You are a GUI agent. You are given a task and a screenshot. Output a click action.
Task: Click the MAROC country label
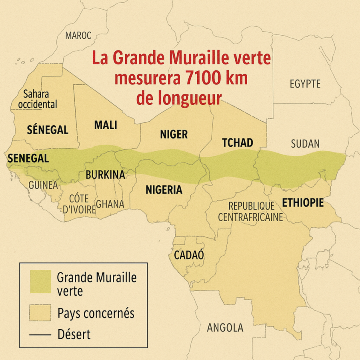pyautogui.click(x=78, y=35)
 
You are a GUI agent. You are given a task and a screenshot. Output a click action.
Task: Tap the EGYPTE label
pyautogui.click(x=305, y=84)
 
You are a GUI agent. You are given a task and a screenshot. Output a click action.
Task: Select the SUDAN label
pyautogui.click(x=305, y=144)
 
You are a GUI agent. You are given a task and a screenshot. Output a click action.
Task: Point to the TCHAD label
pyautogui.click(x=238, y=143)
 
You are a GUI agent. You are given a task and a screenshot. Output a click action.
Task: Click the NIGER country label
pyautogui.click(x=174, y=134)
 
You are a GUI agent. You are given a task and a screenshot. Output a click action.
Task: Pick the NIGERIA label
pyautogui.click(x=164, y=190)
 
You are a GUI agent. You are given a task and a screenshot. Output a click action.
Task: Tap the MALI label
pyautogui.click(x=106, y=125)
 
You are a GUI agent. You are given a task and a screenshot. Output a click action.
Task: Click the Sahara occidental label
pyautogui.click(x=40, y=99)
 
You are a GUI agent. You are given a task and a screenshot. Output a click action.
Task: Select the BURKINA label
pyautogui.click(x=105, y=175)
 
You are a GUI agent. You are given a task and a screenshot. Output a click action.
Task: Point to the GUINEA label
pyautogui.click(x=43, y=185)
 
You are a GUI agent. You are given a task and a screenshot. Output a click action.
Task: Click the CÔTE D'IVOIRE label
pyautogui.click(x=79, y=204)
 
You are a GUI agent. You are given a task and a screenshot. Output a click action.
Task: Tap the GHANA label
pyautogui.click(x=110, y=204)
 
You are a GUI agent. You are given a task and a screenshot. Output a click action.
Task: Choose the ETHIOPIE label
pyautogui.click(x=303, y=203)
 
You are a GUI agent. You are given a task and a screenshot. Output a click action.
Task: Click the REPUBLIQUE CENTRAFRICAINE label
pyautogui.click(x=250, y=212)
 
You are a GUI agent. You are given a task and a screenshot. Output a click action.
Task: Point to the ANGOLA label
pyautogui.click(x=225, y=328)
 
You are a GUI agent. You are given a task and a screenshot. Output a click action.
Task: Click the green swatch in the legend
pyautogui.click(x=40, y=282)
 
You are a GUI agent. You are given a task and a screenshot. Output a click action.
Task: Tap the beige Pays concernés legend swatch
pyautogui.click(x=40, y=312)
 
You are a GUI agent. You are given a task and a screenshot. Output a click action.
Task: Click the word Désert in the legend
pyautogui.click(x=74, y=334)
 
